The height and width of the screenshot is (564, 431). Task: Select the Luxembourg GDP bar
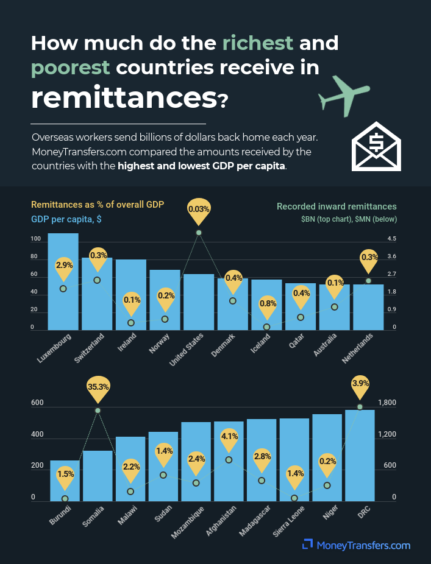click(x=63, y=280)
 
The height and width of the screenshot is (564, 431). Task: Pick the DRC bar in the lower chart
click(x=360, y=457)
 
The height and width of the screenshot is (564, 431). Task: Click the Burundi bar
click(x=65, y=481)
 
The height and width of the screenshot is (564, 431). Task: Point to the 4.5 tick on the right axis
click(x=391, y=239)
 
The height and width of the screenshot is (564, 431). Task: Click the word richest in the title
click(x=258, y=44)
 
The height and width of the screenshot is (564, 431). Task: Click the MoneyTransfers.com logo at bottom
click(x=357, y=545)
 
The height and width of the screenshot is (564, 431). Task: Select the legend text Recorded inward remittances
click(x=337, y=206)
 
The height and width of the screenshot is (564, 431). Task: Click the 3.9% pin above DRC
click(x=360, y=385)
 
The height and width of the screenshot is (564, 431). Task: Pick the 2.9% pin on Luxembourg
click(x=63, y=266)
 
